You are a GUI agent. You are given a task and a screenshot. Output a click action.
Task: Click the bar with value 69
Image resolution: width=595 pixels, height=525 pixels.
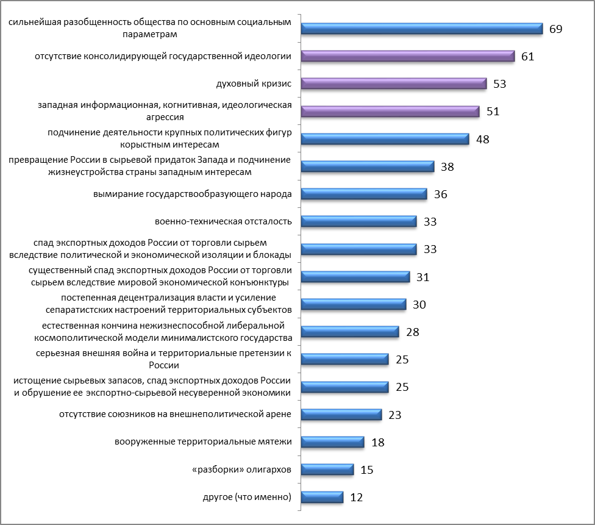click(422, 28)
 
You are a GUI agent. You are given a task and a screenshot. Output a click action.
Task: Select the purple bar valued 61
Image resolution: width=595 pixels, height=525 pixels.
click(409, 56)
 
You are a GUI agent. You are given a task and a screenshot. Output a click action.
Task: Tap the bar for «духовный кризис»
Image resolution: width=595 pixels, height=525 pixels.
click(394, 84)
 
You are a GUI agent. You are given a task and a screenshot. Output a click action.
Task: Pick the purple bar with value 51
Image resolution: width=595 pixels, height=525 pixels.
click(390, 111)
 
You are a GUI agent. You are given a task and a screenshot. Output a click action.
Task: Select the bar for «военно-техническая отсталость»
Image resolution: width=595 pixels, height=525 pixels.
click(359, 221)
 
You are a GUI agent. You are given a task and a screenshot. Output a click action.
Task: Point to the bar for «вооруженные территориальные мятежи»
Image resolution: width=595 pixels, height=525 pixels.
click(333, 441)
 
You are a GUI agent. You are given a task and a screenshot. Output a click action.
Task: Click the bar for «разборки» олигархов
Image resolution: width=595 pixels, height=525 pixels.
click(327, 470)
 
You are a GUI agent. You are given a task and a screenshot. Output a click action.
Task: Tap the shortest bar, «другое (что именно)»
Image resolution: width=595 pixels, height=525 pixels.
click(322, 497)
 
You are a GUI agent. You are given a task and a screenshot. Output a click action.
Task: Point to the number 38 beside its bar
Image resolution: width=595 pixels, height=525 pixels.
click(447, 166)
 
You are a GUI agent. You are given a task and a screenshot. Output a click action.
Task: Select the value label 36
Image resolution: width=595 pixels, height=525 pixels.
click(440, 195)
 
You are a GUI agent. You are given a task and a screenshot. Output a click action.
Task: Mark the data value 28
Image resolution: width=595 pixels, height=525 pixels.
click(413, 332)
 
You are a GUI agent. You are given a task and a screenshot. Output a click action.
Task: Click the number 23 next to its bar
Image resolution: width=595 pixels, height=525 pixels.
click(395, 415)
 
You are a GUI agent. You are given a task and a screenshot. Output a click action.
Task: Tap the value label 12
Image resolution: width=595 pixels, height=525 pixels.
click(357, 498)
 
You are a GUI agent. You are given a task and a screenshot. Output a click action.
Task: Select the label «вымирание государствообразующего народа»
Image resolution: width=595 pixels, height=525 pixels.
click(192, 194)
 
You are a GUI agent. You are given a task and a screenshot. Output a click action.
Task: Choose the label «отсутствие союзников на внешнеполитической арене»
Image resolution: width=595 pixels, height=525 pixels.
click(175, 415)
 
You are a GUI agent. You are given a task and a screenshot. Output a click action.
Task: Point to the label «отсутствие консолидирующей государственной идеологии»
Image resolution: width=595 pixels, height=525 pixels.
click(163, 56)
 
